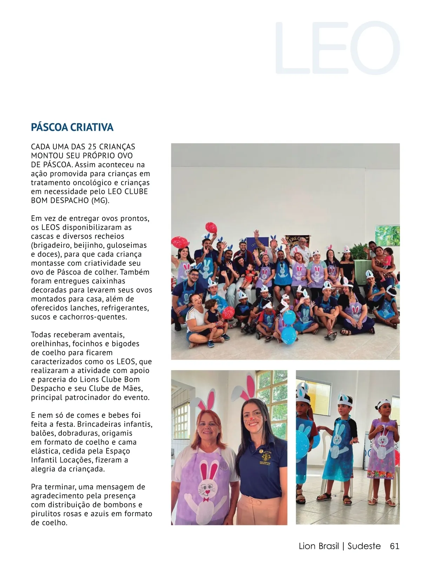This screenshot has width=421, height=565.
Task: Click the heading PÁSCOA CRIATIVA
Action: click(x=72, y=127)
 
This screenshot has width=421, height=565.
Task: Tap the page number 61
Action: click(x=394, y=546)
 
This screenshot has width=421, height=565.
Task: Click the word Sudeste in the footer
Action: click(x=364, y=546)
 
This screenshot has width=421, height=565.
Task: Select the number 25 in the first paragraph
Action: click(x=92, y=147)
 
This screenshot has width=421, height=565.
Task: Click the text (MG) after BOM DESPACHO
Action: click(x=100, y=201)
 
